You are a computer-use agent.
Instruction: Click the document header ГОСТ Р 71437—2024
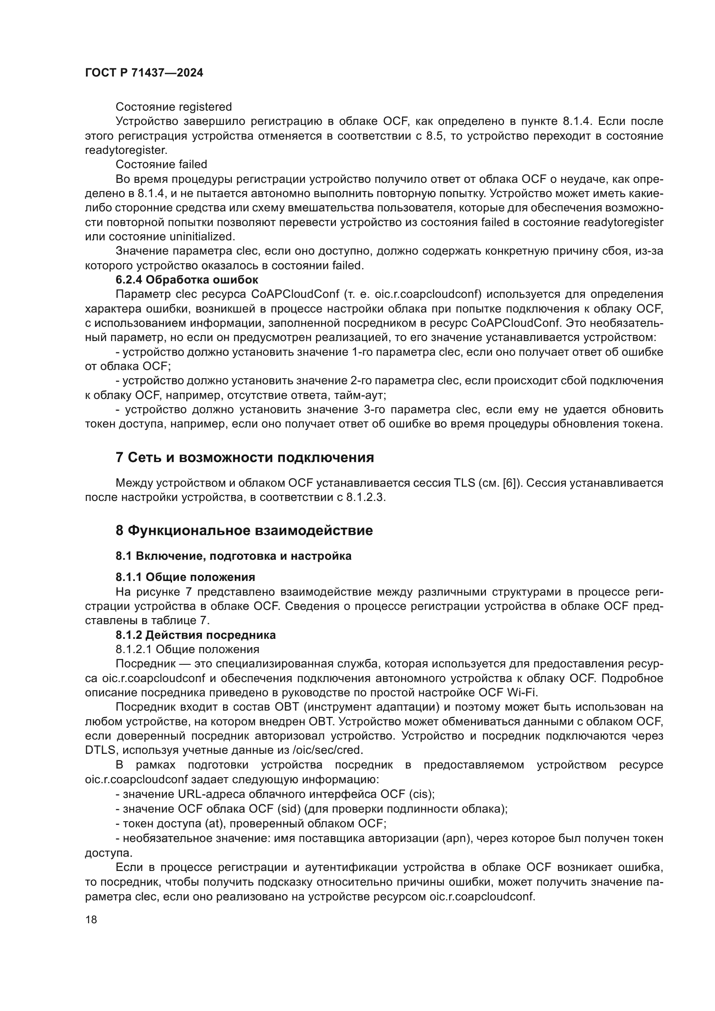(x=144, y=73)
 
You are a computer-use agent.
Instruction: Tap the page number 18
(x=91, y=919)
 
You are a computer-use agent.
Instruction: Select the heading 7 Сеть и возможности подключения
(x=244, y=457)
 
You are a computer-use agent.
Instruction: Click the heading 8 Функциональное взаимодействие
(x=244, y=530)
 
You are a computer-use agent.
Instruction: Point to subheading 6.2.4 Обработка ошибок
(x=187, y=280)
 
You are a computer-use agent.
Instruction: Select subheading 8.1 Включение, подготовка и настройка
(x=233, y=556)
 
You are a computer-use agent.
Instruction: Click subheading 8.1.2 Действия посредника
(x=195, y=635)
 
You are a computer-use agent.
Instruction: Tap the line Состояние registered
(x=173, y=107)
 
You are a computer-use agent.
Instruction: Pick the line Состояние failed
(x=161, y=164)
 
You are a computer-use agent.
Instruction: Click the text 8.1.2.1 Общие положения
(x=187, y=649)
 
